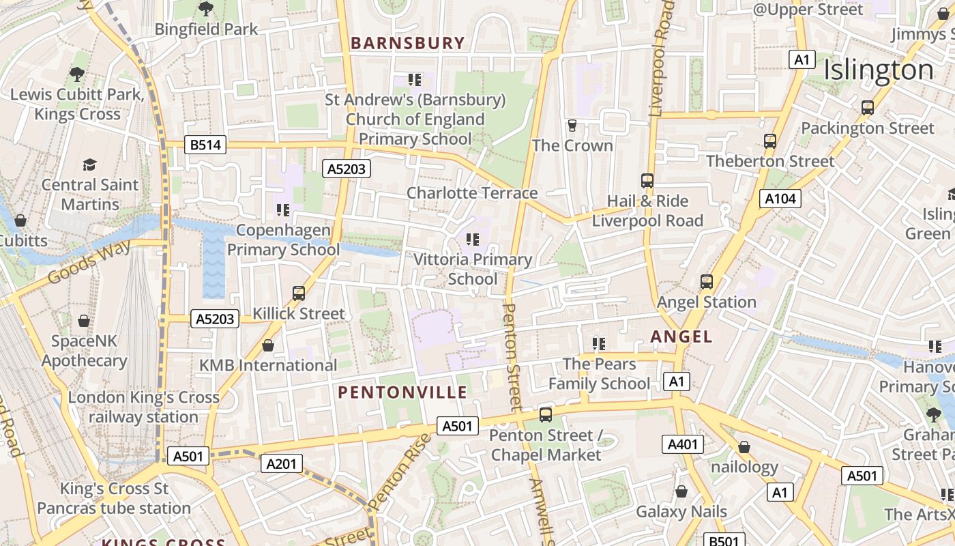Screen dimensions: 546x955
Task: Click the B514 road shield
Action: [x=205, y=145]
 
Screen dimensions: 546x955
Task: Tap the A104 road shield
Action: [x=780, y=199]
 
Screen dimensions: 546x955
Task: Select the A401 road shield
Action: [x=682, y=445]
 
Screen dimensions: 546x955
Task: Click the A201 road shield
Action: [x=281, y=464]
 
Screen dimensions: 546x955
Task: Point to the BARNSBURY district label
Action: [x=407, y=43]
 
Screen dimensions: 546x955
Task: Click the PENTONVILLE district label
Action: [x=402, y=392]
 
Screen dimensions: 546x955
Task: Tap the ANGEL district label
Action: [x=681, y=336]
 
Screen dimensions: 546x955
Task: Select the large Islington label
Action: [x=879, y=70]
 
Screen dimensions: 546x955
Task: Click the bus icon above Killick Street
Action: [x=299, y=293]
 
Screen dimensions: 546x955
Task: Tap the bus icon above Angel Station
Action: [x=707, y=281]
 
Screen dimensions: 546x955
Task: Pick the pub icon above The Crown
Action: [x=572, y=126]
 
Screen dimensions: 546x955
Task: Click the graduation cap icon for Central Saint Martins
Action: [x=90, y=164]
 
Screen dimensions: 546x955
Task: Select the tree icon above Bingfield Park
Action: [x=205, y=9]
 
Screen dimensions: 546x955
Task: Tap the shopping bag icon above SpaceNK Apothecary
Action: [x=84, y=320]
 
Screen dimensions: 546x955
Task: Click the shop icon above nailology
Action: [x=744, y=447]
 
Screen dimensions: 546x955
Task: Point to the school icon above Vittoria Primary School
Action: [x=472, y=240]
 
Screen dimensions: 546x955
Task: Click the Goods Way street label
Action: [x=89, y=263]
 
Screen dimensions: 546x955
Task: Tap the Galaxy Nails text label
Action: [x=681, y=512]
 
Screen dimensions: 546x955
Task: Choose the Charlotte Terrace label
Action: [x=472, y=193]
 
